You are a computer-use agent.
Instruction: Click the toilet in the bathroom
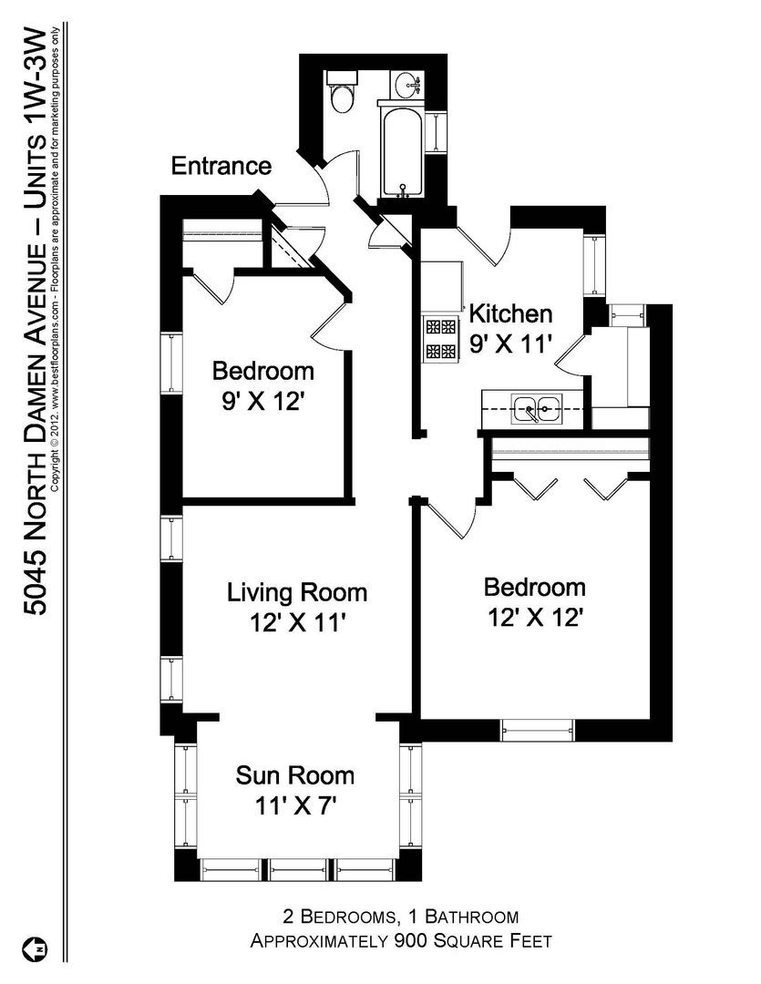click(342, 92)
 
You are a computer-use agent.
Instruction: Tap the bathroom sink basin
click(406, 85)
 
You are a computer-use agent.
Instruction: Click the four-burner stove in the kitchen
click(440, 339)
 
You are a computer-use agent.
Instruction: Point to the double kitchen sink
click(536, 409)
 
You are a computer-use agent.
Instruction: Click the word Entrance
click(221, 166)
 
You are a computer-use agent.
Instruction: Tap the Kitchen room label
click(510, 313)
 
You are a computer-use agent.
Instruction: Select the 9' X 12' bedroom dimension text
click(262, 401)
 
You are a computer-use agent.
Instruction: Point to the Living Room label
click(296, 592)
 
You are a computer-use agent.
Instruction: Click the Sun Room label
click(294, 775)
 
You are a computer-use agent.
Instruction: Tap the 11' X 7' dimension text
click(293, 805)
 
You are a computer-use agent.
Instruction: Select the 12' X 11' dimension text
click(298, 623)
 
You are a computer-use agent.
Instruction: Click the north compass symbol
click(36, 949)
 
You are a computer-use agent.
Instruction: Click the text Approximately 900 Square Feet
click(401, 941)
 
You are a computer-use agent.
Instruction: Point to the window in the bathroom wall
click(435, 132)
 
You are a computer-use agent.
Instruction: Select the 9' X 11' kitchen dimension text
click(510, 343)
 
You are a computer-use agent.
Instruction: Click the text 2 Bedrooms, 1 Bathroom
click(401, 917)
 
